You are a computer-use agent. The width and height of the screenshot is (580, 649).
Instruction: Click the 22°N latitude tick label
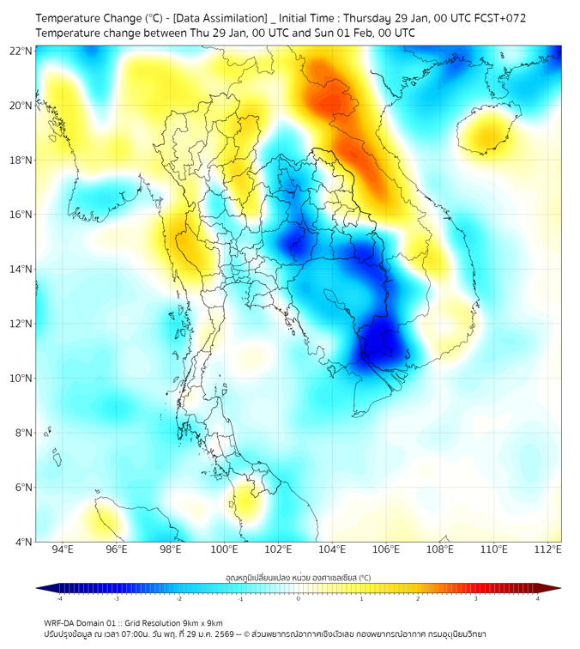click(21, 51)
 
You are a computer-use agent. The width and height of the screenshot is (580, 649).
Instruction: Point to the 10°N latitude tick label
click(21, 378)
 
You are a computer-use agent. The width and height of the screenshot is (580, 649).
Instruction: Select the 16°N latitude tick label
click(21, 215)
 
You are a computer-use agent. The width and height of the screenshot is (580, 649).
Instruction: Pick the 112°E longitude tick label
click(548, 549)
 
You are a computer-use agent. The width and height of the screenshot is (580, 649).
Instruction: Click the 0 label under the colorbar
click(299, 598)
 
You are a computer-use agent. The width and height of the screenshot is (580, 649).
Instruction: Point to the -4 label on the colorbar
click(58, 598)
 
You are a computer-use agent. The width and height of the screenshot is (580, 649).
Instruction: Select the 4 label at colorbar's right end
click(538, 598)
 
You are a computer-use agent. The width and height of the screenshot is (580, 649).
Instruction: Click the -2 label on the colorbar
click(178, 598)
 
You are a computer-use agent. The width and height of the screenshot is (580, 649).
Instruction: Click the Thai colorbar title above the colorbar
click(298, 577)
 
